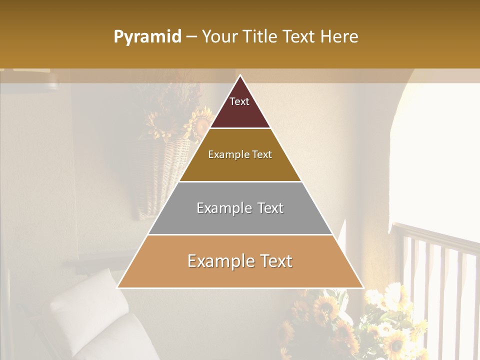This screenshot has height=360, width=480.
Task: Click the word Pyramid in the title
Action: click(147, 37)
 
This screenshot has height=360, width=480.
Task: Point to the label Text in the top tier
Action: click(239, 101)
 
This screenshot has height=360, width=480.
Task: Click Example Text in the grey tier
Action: click(240, 208)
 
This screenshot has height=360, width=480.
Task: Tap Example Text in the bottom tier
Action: click(240, 261)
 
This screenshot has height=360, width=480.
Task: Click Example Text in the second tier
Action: click(240, 154)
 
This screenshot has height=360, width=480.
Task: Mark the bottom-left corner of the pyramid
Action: click(117, 287)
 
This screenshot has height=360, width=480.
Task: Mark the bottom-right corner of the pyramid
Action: click(363, 287)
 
